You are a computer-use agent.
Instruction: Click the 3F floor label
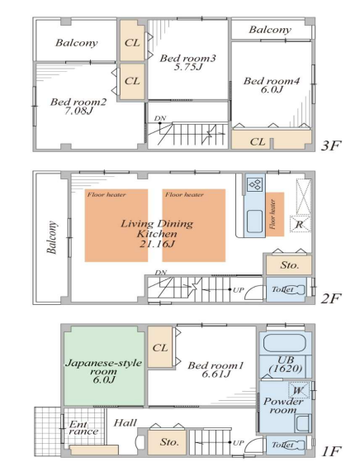331,145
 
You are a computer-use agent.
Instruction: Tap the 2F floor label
330,298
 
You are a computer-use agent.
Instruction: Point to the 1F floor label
331,451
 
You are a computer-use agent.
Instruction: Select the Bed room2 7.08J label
78,107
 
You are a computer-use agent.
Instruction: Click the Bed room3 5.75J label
187,62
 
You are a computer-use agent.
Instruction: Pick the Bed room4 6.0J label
272,85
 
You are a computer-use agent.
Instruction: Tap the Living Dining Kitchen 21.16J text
157,233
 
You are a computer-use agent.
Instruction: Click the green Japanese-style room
104,365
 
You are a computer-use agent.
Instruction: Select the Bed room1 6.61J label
216,369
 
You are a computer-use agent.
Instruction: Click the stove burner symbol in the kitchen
255,184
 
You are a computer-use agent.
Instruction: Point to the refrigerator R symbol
300,224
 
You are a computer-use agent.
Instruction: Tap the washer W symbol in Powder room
299,390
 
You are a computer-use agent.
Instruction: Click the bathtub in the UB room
285,343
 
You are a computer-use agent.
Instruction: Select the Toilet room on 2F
286,290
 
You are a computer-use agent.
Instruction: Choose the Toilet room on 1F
286,446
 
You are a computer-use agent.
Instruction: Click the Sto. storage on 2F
289,264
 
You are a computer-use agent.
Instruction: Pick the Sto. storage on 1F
168,442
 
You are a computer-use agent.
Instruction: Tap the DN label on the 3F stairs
160,118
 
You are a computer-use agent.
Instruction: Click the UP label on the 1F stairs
238,443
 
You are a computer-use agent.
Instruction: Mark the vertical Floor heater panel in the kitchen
275,214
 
